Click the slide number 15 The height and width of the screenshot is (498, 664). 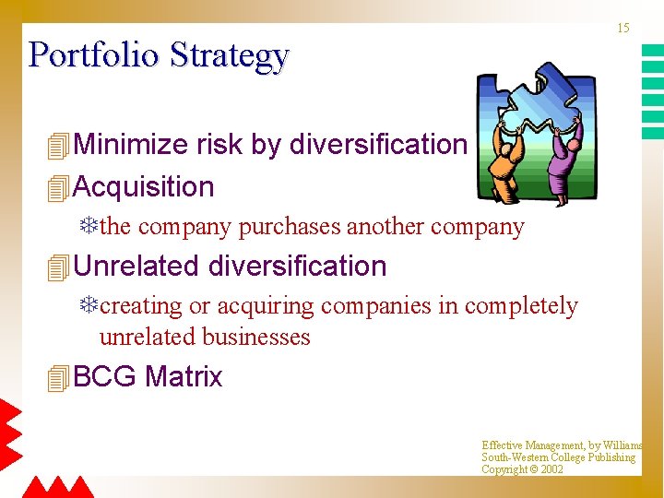coord(623,29)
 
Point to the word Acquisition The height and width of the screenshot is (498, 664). coord(143,187)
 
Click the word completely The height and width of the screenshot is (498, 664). coord(521,306)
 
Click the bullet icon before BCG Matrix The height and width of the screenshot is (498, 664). coord(59,378)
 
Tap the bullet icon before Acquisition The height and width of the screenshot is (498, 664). coord(59,188)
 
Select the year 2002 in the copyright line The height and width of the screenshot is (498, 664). coord(551,469)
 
